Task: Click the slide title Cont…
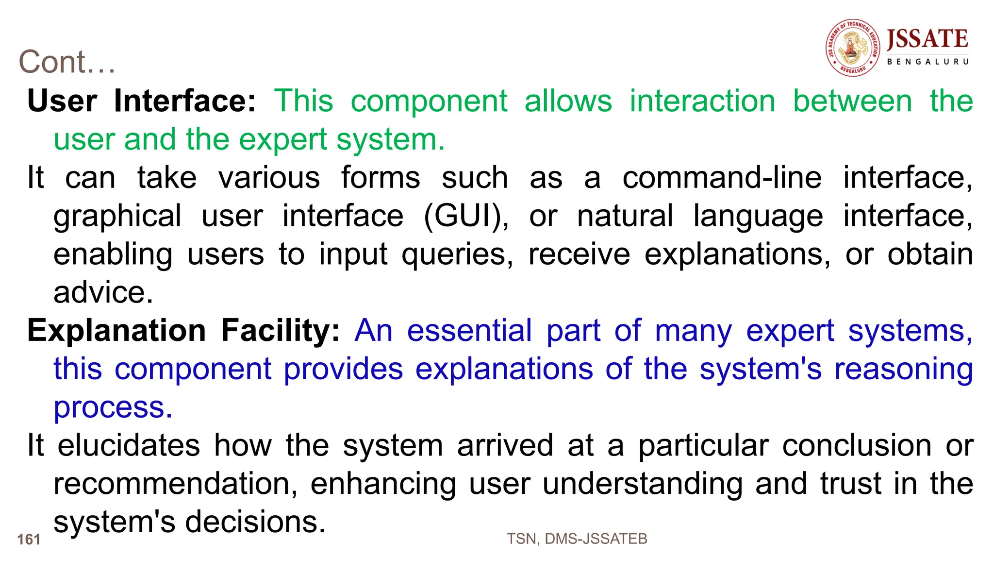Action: [67, 62]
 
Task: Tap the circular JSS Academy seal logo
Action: [853, 48]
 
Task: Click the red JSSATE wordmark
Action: [928, 39]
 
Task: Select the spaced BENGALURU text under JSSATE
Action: [928, 62]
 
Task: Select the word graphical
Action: [117, 217]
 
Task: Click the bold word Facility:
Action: [281, 331]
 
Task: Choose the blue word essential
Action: [469, 331]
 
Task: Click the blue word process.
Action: [113, 408]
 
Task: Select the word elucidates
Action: [129, 445]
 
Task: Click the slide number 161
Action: [29, 539]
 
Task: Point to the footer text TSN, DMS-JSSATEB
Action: [577, 539]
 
